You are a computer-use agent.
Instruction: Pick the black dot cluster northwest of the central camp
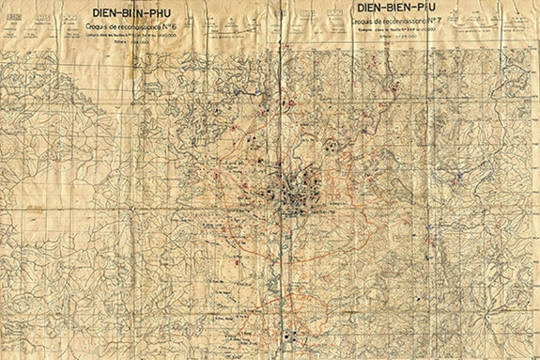tap(252, 141)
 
